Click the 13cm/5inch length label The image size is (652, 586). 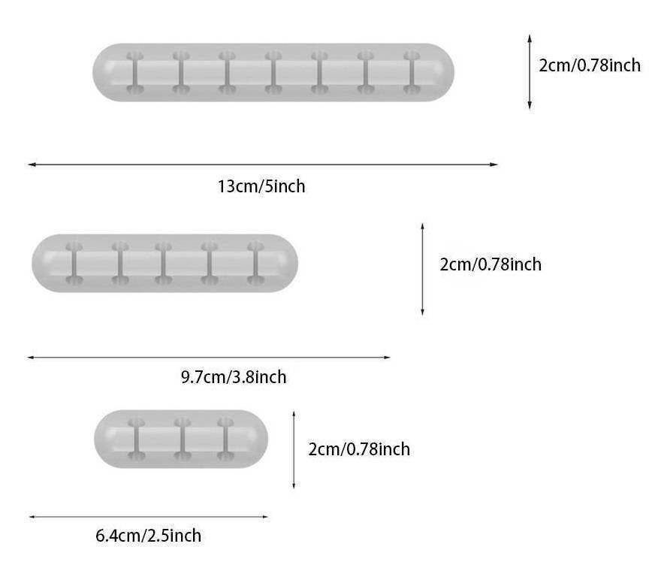click(261, 186)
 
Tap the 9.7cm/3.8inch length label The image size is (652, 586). click(233, 377)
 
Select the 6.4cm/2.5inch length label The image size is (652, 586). click(148, 536)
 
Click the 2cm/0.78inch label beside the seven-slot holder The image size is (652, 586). click(590, 65)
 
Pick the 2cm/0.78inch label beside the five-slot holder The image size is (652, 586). click(490, 264)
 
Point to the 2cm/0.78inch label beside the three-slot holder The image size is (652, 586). click(359, 449)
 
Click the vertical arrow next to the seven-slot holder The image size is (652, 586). click(530, 71)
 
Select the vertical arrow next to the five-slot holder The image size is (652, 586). click(422, 268)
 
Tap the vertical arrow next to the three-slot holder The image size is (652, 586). click(294, 450)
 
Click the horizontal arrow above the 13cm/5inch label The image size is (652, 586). click(263, 164)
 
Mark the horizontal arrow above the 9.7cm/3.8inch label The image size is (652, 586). click(209, 358)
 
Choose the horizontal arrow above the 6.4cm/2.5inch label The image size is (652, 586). click(148, 516)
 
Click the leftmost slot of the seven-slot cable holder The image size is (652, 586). click(134, 73)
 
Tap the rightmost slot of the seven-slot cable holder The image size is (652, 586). click(411, 73)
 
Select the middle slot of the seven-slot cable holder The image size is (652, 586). click(273, 73)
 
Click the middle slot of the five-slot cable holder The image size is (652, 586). click(164, 264)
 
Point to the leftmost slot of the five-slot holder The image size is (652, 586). click(74, 264)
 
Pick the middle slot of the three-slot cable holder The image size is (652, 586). click(181, 439)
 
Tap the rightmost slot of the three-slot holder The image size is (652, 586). click(225, 439)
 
